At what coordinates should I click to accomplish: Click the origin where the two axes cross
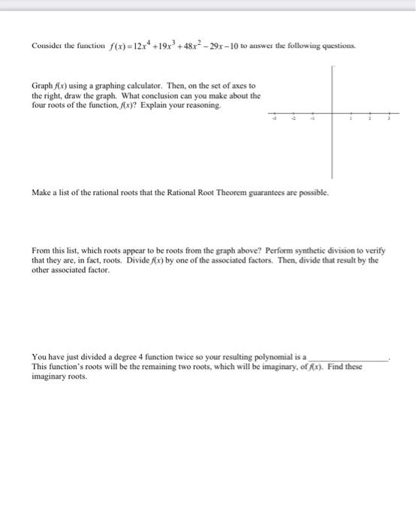click(332, 114)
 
